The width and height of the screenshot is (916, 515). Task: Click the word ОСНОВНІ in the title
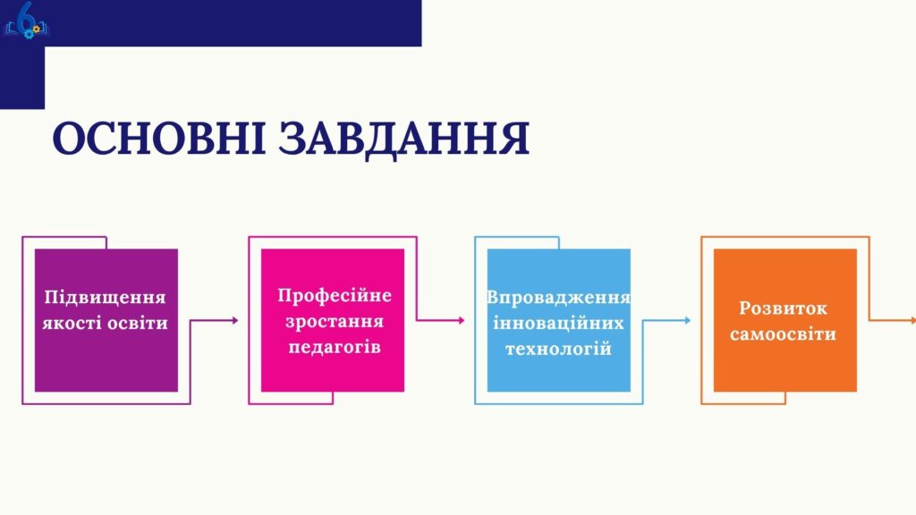(159, 138)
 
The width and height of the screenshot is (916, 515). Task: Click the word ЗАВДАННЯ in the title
(404, 139)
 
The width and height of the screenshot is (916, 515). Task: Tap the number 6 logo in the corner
(26, 21)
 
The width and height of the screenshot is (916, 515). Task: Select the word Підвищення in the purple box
(106, 297)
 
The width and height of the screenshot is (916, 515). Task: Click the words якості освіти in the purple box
(106, 323)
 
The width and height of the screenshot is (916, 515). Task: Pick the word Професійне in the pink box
(335, 295)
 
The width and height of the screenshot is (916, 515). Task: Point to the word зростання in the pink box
(335, 322)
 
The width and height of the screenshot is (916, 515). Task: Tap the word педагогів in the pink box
(335, 348)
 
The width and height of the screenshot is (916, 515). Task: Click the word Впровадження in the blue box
(558, 298)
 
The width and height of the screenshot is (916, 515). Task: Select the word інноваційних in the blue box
(558, 323)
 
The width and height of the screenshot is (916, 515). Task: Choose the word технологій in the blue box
(558, 349)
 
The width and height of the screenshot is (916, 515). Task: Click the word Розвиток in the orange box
(784, 308)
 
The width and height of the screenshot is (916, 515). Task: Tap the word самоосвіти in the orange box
(784, 334)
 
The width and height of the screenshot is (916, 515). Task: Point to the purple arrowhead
(235, 320)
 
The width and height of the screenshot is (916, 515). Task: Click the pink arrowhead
(462, 320)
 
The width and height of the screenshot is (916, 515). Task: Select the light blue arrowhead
(688, 320)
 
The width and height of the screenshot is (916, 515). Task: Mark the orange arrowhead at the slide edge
(913, 320)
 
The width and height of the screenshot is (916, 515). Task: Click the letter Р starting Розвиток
(745, 308)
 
